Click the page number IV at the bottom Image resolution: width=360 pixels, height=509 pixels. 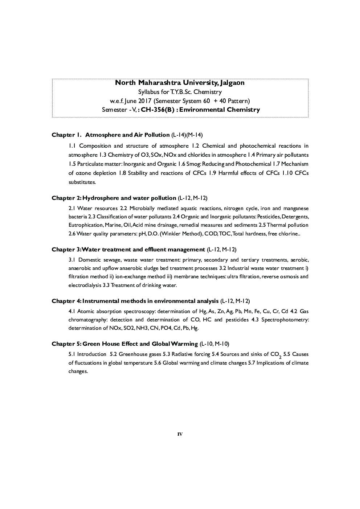coord(180,434)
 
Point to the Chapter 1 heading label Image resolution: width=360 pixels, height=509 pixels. coord(66,135)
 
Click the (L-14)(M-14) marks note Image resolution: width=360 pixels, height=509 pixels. coord(187,135)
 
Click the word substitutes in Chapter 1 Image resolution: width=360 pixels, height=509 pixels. coord(82,182)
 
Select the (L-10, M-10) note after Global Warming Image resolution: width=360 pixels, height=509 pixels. coord(214,344)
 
